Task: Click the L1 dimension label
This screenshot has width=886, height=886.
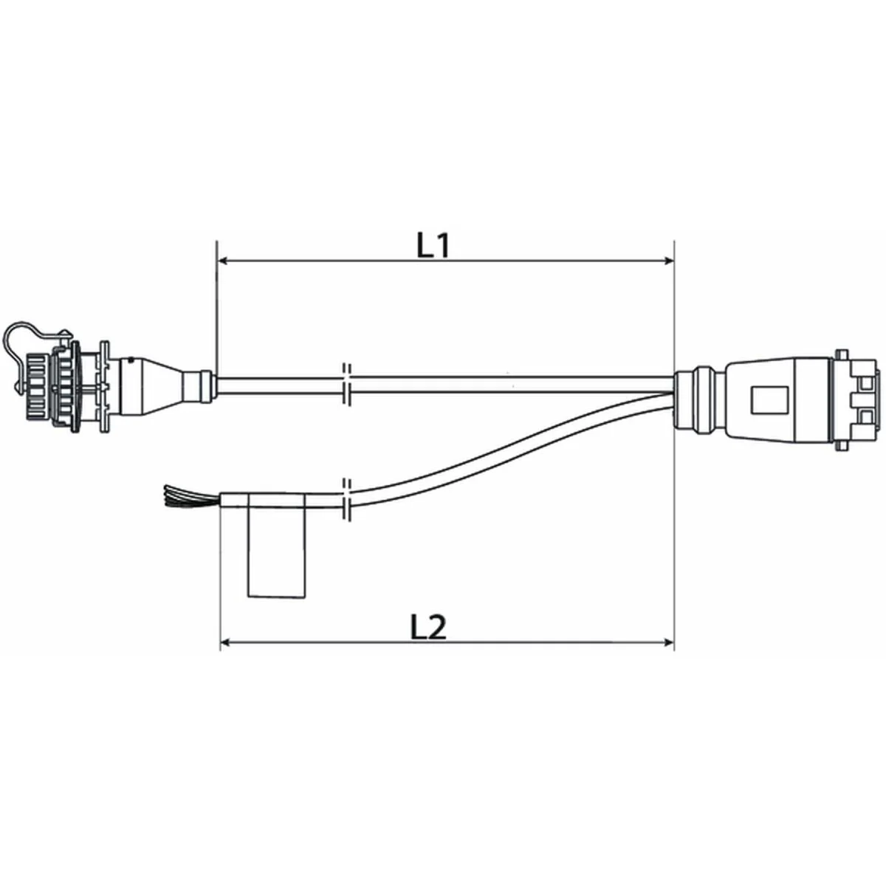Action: (x=433, y=247)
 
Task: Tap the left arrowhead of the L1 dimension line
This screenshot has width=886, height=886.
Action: (x=221, y=261)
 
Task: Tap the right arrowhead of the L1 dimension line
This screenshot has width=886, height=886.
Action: (x=669, y=261)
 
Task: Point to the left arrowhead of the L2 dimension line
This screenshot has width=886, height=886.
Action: (x=226, y=642)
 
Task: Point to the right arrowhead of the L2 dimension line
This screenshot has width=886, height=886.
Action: (x=669, y=642)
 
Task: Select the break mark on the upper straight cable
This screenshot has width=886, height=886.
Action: (x=346, y=384)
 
